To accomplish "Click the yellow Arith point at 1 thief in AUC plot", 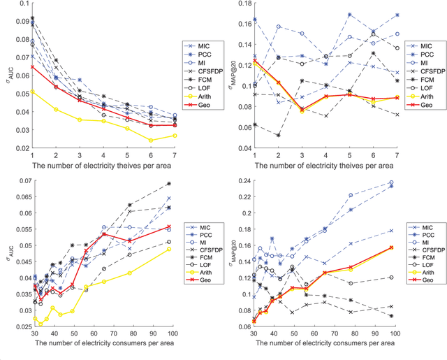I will (32, 91).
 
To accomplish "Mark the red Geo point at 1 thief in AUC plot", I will (32, 67).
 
